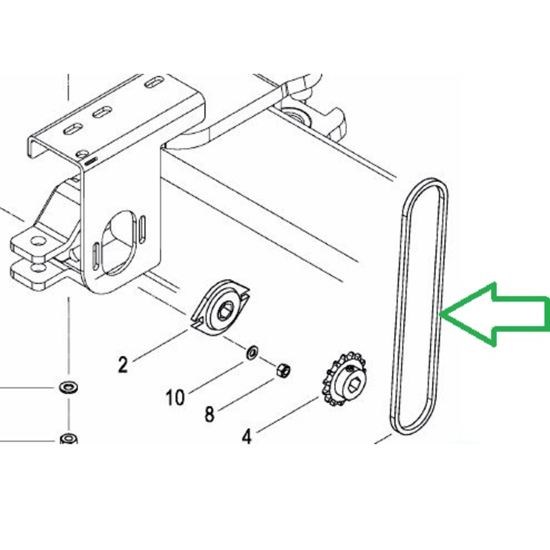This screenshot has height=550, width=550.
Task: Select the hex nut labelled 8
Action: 283,370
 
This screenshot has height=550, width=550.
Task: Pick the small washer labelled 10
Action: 252,353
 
